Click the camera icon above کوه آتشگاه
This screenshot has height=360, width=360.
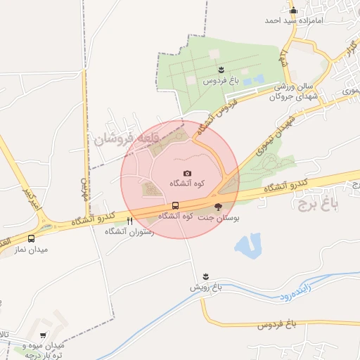click(187, 173)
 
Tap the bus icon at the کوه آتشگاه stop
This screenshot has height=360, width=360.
click(174, 205)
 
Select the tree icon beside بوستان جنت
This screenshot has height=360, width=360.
click(217, 207)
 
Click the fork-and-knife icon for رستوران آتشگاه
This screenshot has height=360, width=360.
click(129, 221)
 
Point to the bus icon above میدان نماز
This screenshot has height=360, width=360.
click(31, 238)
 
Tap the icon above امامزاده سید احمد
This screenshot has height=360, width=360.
click(293, 10)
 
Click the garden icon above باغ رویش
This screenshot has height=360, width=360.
click(205, 276)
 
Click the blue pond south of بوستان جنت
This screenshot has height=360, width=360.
click(247, 245)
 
